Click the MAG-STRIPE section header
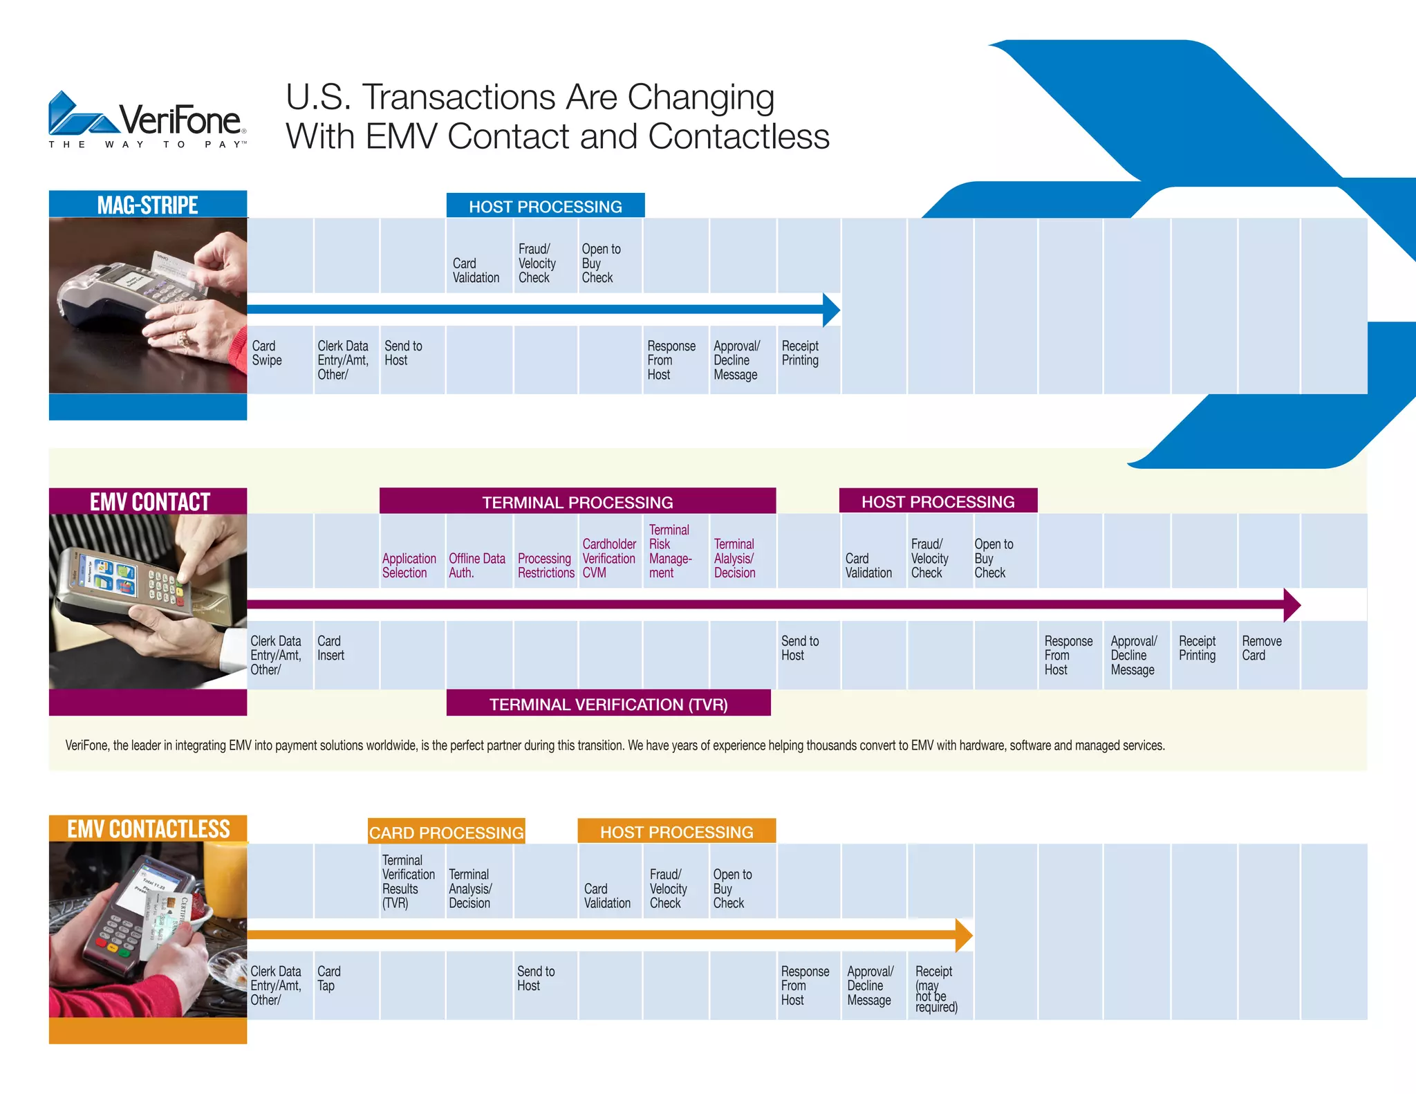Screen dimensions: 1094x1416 click(x=147, y=205)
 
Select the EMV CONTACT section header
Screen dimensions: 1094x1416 click(x=149, y=501)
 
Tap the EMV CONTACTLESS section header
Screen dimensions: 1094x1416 click(x=148, y=828)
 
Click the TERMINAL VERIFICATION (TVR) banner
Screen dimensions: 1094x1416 click(x=608, y=704)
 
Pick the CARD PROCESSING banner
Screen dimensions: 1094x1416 click(x=446, y=832)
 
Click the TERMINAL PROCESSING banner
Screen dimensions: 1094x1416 click(x=577, y=502)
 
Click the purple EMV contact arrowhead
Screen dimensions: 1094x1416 click(x=1291, y=605)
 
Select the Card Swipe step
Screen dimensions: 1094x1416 click(x=267, y=353)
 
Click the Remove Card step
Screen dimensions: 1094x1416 click(x=1261, y=648)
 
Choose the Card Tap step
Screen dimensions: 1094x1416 click(x=328, y=978)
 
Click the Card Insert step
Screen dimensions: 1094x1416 click(x=330, y=648)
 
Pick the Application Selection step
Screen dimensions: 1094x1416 click(x=409, y=565)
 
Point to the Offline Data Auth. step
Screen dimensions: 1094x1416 click(x=476, y=565)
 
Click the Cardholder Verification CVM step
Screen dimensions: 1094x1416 click(x=608, y=558)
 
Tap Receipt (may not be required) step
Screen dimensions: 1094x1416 click(x=936, y=988)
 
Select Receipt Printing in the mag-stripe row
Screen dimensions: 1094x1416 click(x=800, y=353)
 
